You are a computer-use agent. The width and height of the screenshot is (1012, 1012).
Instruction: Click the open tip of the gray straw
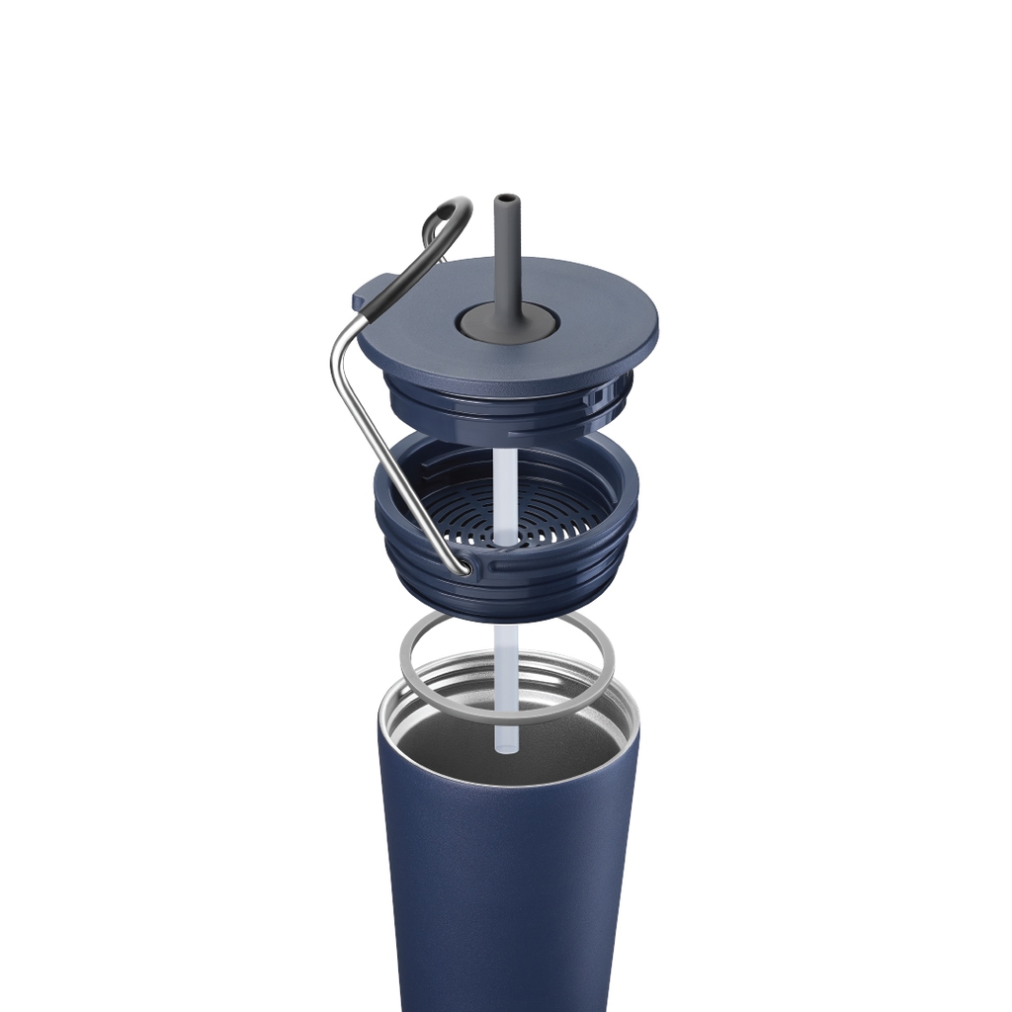(x=506, y=199)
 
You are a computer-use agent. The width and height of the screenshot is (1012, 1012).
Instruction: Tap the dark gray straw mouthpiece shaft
(x=507, y=257)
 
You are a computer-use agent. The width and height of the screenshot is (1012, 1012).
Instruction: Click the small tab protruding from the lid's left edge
(x=364, y=295)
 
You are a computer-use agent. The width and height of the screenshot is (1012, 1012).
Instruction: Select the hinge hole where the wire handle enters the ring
(x=464, y=567)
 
